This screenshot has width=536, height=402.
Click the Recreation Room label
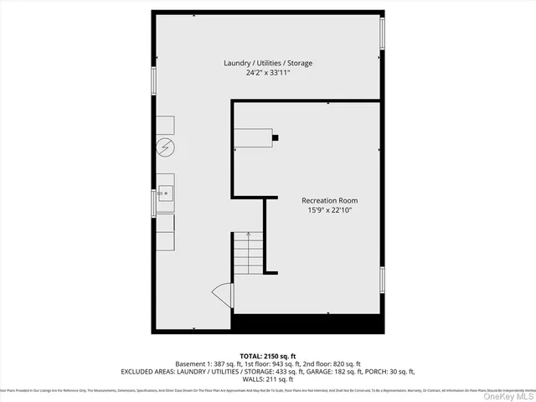tap(330, 200)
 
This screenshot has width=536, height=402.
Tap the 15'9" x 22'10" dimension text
tap(330, 210)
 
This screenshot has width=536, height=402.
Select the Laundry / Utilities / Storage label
tap(268, 64)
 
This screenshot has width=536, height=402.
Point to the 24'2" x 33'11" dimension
tap(268, 73)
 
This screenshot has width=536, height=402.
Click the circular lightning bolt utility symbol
tap(166, 148)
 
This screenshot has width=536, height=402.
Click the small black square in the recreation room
tap(276, 137)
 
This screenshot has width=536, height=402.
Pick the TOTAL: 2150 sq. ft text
tap(268, 356)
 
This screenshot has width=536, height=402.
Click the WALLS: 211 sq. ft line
tap(268, 379)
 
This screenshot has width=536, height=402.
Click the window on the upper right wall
tap(383, 33)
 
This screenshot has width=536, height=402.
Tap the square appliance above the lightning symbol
tap(165, 125)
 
